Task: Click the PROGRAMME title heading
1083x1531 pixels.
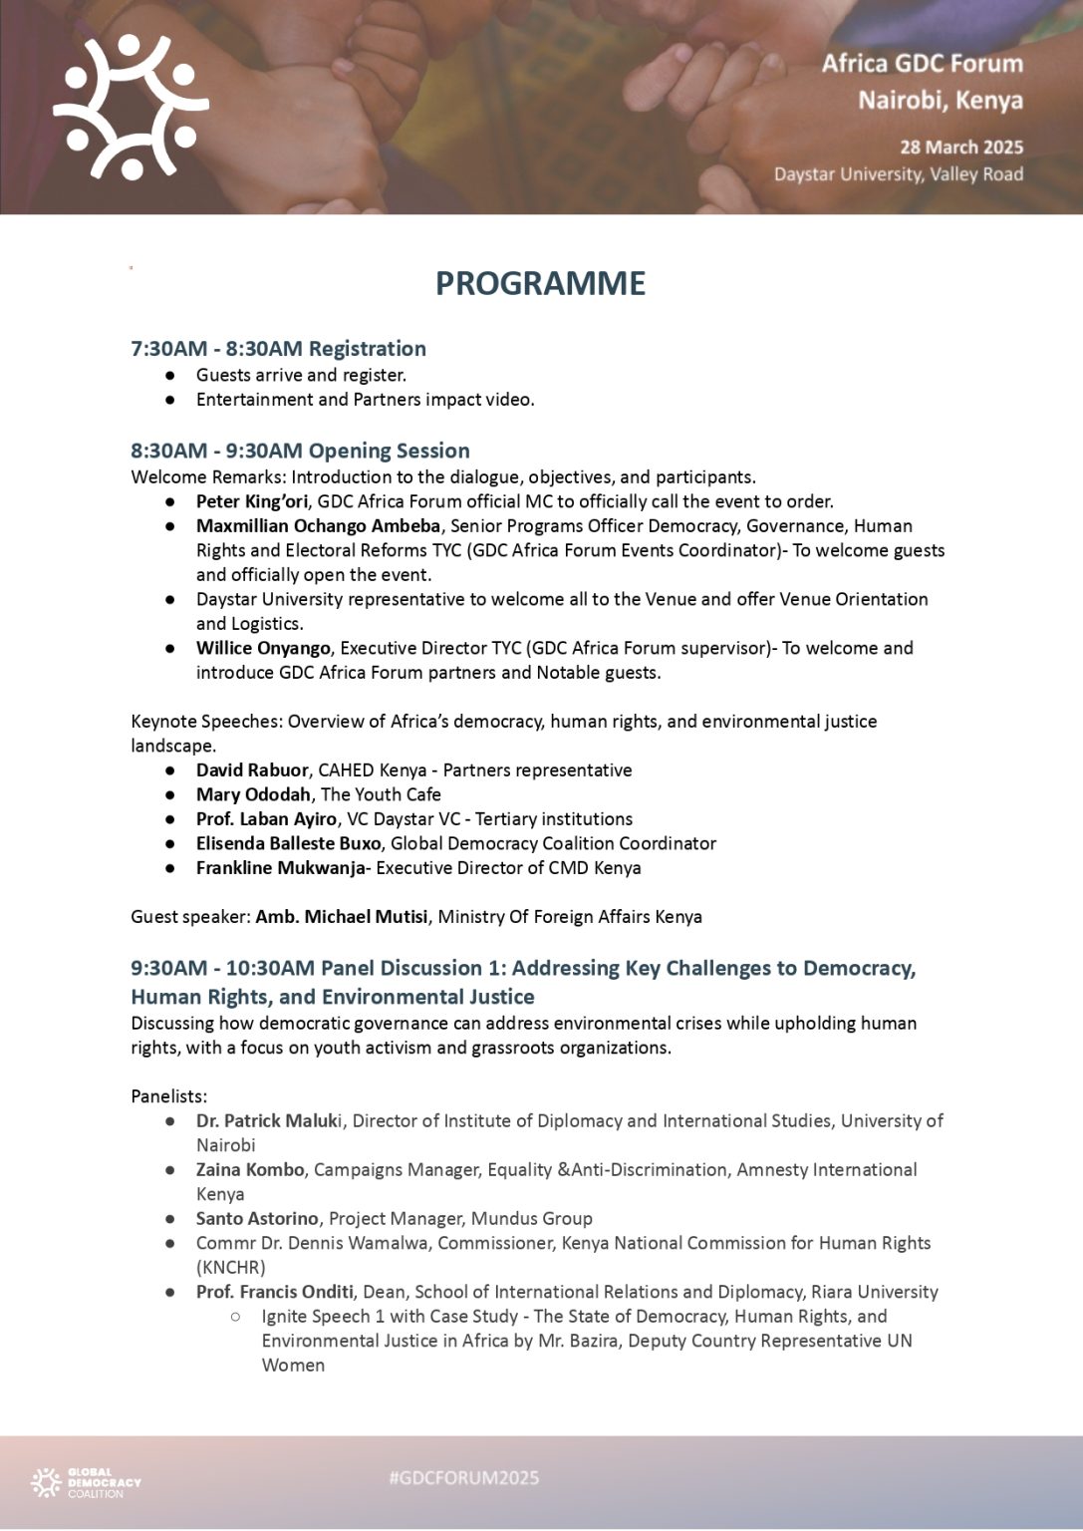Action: pyautogui.click(x=540, y=283)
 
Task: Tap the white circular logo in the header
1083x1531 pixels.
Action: pyautogui.click(x=131, y=107)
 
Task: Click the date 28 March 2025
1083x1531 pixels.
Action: pyautogui.click(x=960, y=147)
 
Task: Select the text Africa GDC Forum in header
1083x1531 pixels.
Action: pyautogui.click(x=922, y=64)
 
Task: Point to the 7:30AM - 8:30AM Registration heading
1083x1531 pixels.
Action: pyautogui.click(x=278, y=348)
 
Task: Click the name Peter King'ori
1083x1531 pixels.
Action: pyautogui.click(x=251, y=501)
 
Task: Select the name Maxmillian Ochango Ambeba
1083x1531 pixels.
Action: pyautogui.click(x=318, y=525)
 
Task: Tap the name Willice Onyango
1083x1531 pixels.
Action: pyautogui.click(x=262, y=648)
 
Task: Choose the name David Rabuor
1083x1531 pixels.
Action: pyautogui.click(x=253, y=769)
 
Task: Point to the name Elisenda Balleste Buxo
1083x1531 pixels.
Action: pyautogui.click(x=288, y=843)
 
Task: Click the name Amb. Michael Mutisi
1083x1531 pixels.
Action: pyautogui.click(x=341, y=916)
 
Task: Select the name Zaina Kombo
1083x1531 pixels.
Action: pyautogui.click(x=249, y=1169)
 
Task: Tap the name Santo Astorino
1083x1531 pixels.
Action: pyautogui.click(x=257, y=1218)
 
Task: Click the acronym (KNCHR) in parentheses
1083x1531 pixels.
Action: pyautogui.click(x=231, y=1267)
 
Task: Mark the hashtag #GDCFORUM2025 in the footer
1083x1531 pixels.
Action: pyautogui.click(x=464, y=1477)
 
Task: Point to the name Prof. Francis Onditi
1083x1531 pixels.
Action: pyautogui.click(x=274, y=1292)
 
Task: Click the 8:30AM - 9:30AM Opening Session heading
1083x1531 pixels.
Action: pyautogui.click(x=300, y=451)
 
